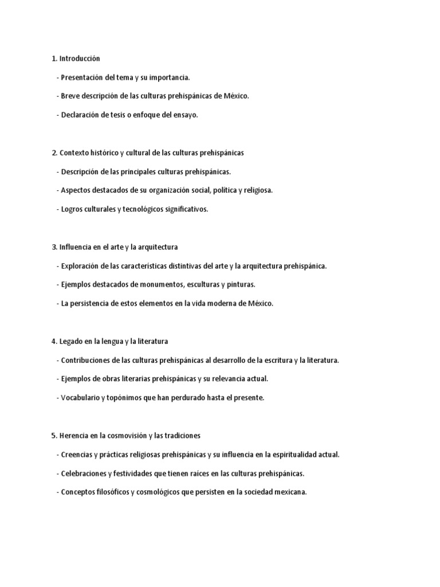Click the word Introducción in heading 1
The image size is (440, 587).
[80, 58]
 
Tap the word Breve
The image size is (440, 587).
[71, 96]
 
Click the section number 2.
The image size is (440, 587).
[54, 152]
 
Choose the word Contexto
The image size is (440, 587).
[74, 152]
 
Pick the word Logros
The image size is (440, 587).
[73, 209]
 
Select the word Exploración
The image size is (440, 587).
[81, 266]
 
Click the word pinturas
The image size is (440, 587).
[241, 285]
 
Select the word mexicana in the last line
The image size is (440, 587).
[289, 492]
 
